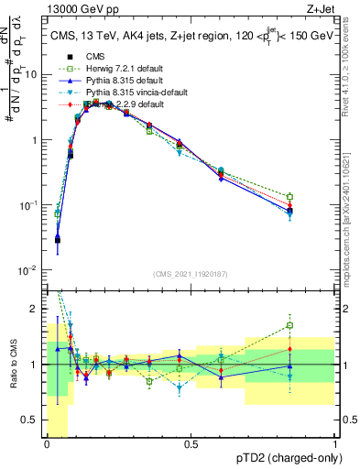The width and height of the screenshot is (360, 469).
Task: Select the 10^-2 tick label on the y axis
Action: tap(30, 270)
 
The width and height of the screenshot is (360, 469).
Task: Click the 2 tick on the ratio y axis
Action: tap(38, 308)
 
